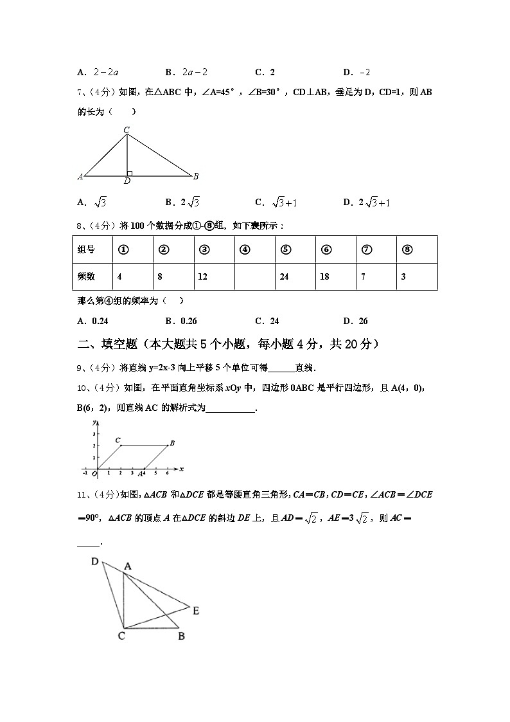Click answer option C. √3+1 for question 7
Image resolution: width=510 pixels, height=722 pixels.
point(276,203)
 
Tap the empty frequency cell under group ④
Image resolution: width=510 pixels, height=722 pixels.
point(254,276)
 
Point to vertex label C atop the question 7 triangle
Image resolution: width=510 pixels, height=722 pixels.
point(127,130)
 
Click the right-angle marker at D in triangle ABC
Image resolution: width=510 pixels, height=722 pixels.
point(130,173)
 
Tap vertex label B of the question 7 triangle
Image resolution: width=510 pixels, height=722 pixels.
point(195,176)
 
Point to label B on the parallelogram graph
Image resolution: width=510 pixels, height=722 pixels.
point(172,443)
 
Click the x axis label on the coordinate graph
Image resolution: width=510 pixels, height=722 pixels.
point(182,469)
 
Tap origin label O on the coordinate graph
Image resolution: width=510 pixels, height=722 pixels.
point(94,474)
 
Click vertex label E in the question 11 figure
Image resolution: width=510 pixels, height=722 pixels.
point(196,611)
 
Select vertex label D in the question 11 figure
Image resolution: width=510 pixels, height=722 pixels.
point(94,562)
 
